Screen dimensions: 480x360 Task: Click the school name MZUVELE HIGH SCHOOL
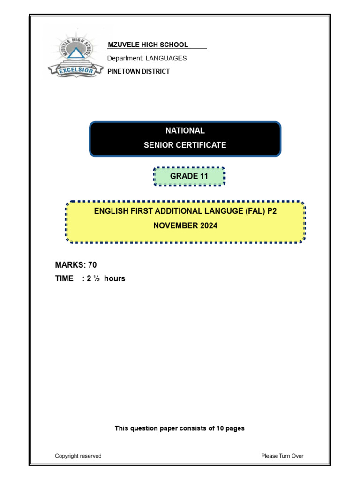pos(148,45)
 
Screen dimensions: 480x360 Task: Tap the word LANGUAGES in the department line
pos(166,58)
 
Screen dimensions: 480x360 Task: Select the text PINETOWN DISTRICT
pos(138,71)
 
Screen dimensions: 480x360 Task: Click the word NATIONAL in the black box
pos(185,131)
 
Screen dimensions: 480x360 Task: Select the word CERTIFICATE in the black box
pos(202,145)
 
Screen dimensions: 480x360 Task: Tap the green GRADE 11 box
pos(189,176)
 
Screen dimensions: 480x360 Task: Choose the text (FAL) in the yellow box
pos(255,211)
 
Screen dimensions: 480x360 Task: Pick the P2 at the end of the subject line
pos(272,211)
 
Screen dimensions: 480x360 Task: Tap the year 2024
pos(207,225)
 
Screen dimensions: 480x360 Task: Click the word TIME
pos(64,278)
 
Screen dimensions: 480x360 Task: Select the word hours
pos(115,278)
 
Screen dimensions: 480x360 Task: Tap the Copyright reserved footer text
pos(78,456)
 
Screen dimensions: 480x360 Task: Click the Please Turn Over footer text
pos(282,456)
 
